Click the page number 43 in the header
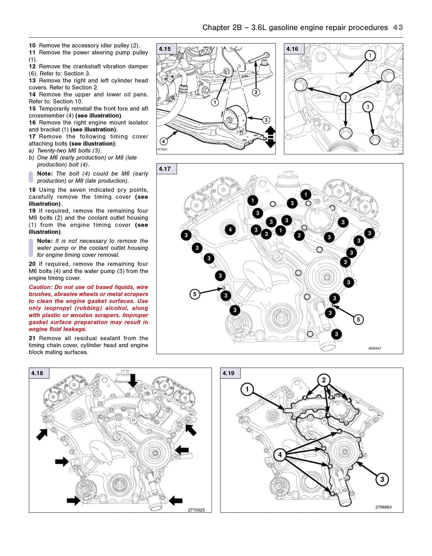(398, 27)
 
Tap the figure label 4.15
(165, 49)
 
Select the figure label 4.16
(292, 49)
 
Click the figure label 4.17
(165, 169)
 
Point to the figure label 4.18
(37, 373)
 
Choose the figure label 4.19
(228, 373)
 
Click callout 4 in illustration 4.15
(163, 141)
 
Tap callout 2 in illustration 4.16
(345, 97)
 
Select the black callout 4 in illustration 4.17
(230, 230)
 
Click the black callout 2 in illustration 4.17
(299, 235)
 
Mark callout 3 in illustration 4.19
(382, 479)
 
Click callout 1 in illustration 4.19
(247, 389)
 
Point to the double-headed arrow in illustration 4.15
(270, 137)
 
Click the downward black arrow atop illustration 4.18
(133, 380)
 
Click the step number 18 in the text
(32, 190)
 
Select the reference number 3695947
(374, 348)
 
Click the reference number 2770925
(196, 510)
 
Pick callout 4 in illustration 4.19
(280, 455)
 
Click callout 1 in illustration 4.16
(370, 55)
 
